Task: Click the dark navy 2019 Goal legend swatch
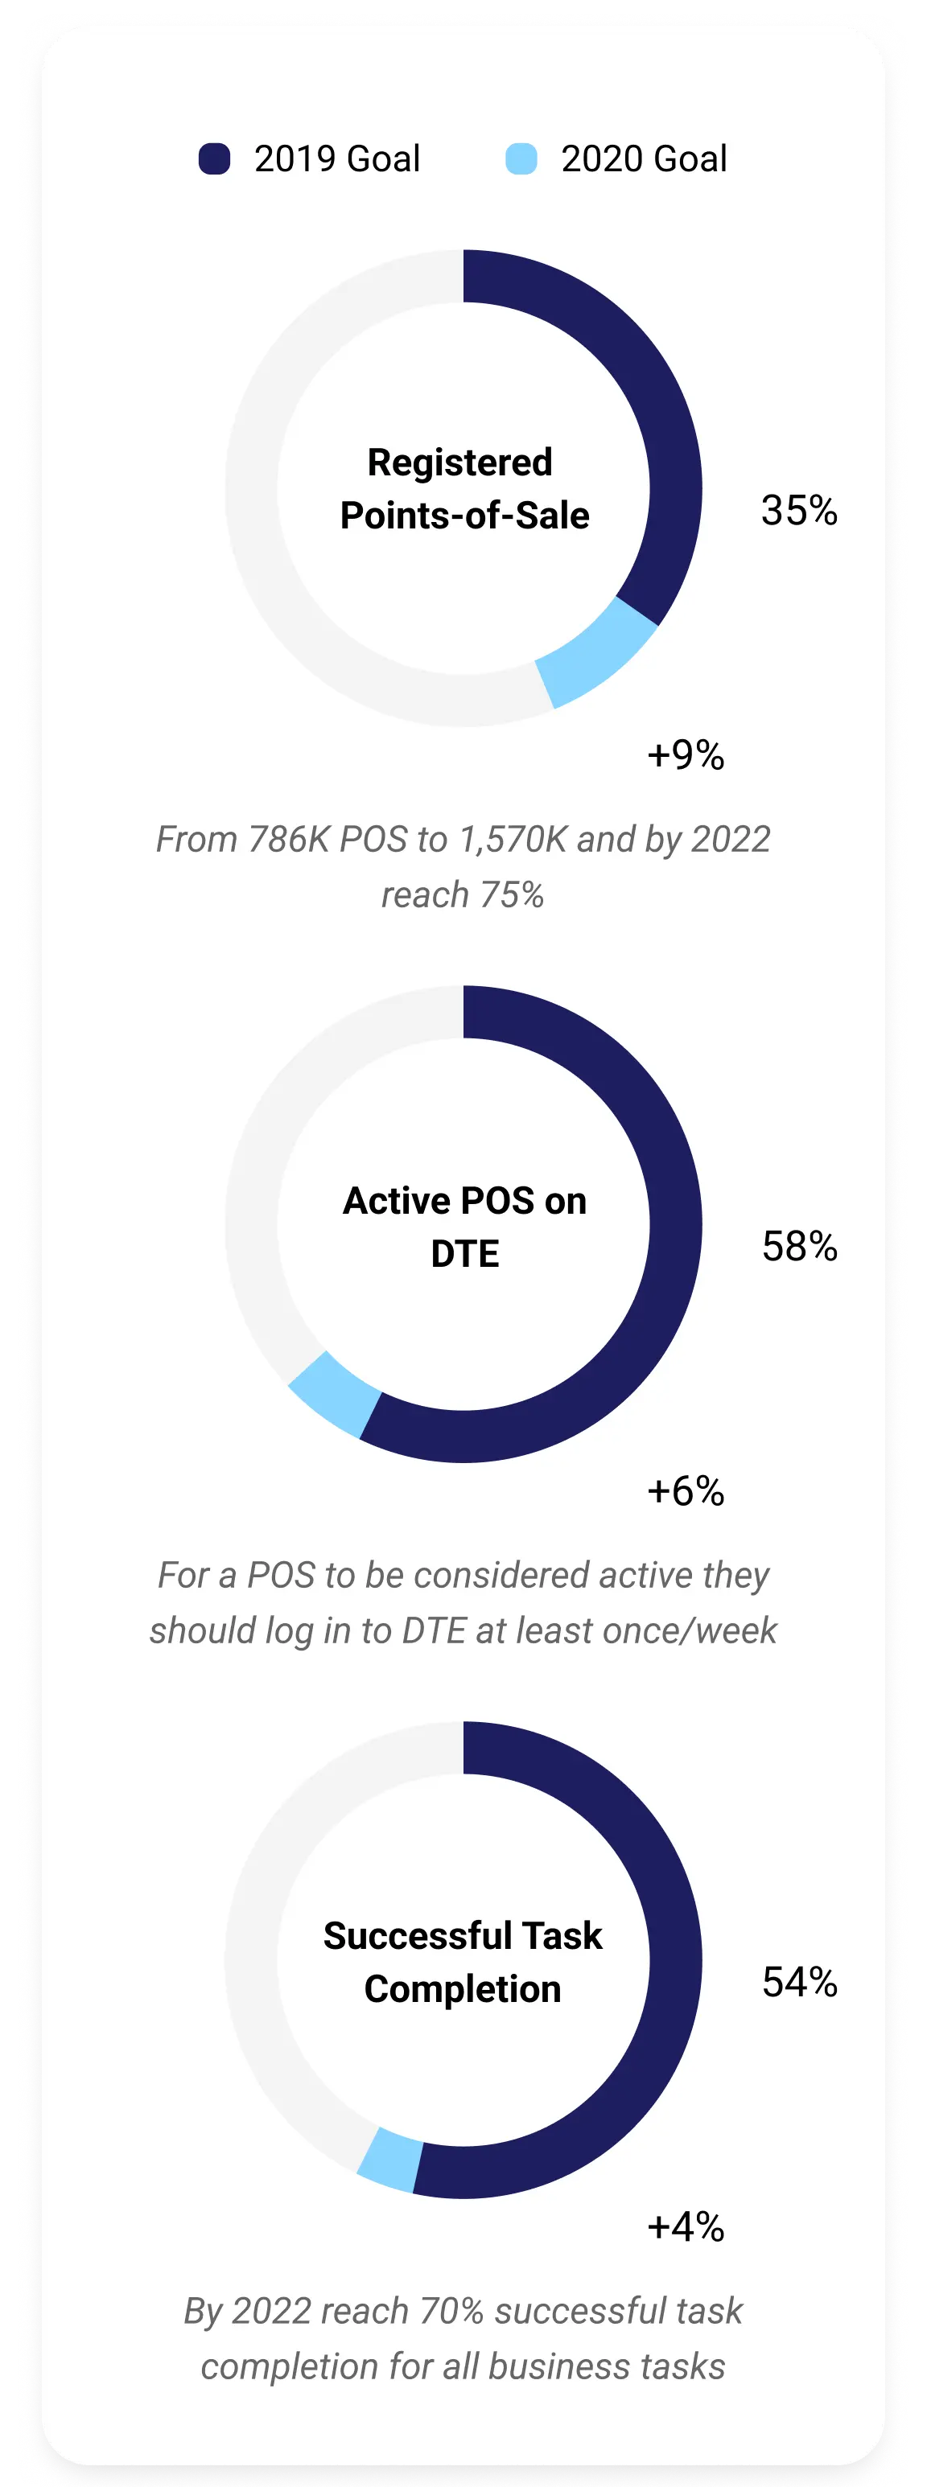tap(214, 158)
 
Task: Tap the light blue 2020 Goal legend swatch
tap(521, 158)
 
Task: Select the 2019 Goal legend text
tap(337, 158)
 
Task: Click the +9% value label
tap(686, 755)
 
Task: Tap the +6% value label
tap(686, 1491)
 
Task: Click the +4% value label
tap(686, 2227)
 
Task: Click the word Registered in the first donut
tap(459, 463)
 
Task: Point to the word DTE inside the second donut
tap(464, 1254)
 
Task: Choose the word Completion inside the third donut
tap(463, 1990)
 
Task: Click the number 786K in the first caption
tap(289, 840)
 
